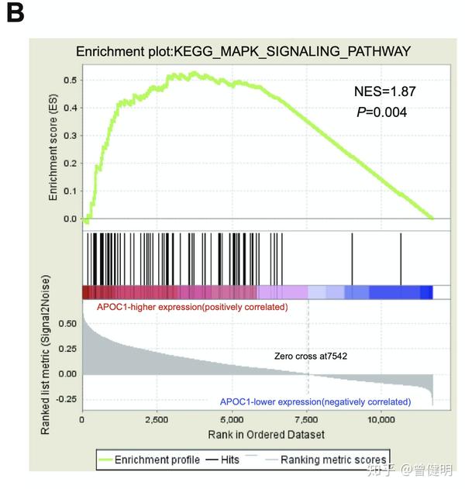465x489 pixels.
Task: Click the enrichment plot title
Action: [243, 52]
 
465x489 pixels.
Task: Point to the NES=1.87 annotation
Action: [384, 91]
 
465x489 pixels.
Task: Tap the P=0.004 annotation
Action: [381, 112]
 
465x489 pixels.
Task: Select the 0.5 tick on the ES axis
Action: [70, 80]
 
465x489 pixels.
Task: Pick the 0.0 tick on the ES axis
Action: [70, 219]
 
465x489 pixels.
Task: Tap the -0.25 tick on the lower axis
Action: [65, 398]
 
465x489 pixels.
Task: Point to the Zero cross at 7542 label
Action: [311, 356]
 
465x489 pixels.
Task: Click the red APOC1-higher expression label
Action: [192, 308]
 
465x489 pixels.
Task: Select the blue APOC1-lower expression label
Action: [315, 401]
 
